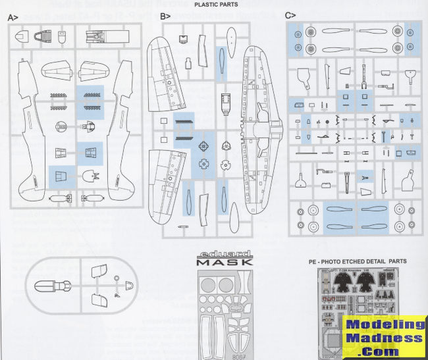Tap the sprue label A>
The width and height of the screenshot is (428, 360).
tap(12, 18)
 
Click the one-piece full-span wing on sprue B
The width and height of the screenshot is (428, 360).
tap(260, 132)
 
